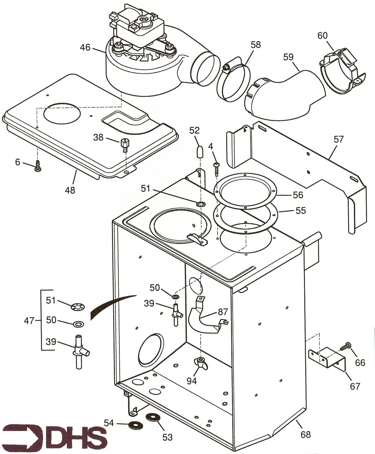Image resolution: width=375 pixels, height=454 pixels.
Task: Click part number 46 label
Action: point(85,48)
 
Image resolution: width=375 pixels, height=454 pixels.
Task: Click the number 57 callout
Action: point(338,139)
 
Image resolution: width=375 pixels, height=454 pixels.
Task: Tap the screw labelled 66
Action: point(347,347)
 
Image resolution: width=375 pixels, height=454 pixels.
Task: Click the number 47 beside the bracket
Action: point(29,320)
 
